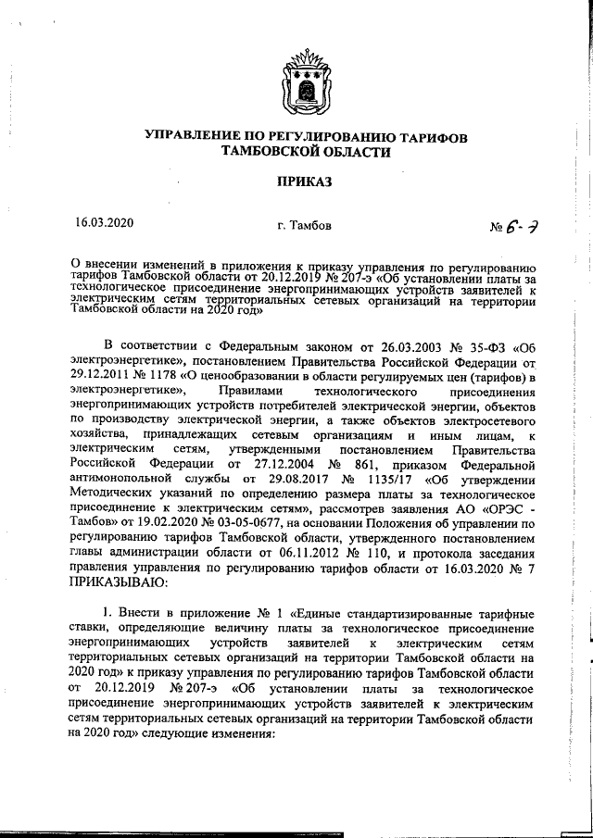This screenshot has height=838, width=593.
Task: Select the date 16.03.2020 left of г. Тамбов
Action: tap(105, 223)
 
